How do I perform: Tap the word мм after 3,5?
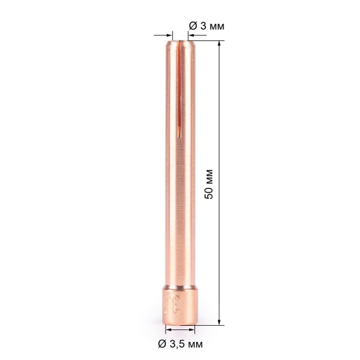tap(195, 344)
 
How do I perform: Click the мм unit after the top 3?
tap(213, 25)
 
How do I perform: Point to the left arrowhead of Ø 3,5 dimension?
tap(168, 329)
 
